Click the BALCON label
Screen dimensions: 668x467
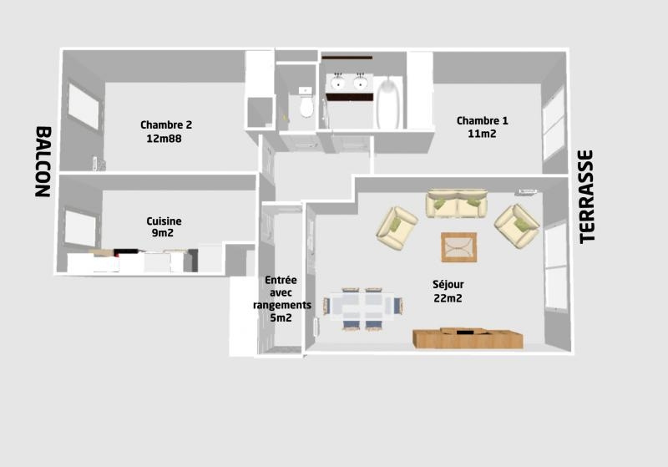[x=43, y=161]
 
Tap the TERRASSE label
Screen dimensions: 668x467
[x=587, y=197]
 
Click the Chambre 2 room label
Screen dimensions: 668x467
[x=166, y=124]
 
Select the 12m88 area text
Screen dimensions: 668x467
[x=164, y=139]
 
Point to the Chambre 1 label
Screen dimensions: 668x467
[x=483, y=120]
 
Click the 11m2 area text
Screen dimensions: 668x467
[x=482, y=134]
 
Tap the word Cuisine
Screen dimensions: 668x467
[x=164, y=221]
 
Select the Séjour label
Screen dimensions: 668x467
[x=448, y=285]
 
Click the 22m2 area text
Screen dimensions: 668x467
[x=448, y=298]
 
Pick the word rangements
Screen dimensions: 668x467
[x=282, y=305]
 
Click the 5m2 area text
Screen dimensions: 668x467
[x=281, y=317]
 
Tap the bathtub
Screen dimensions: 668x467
[x=388, y=103]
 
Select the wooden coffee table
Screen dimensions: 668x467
[x=458, y=247]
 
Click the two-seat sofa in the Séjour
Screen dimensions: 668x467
[x=457, y=203]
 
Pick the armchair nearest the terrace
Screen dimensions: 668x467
[x=518, y=226]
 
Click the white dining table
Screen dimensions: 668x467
[x=363, y=306]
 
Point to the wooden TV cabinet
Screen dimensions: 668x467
[x=468, y=338]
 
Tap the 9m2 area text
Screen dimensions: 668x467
[x=163, y=233]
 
